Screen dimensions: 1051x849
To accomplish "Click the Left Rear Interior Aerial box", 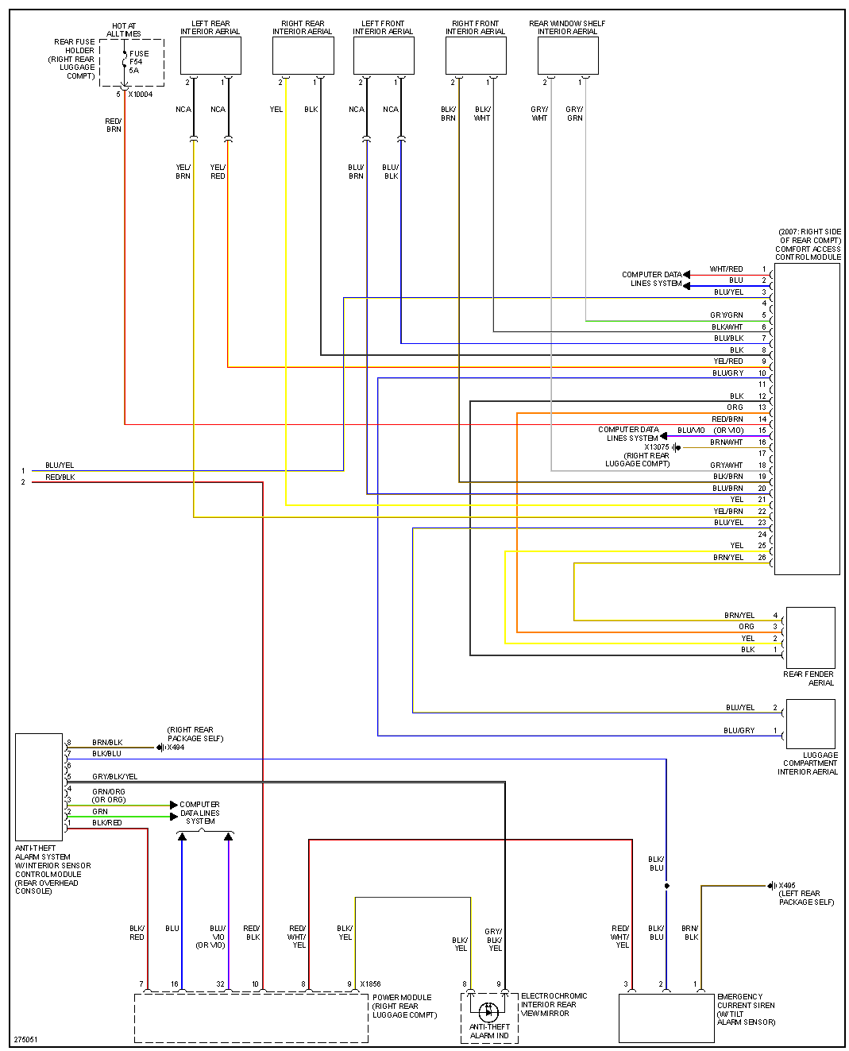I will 210,56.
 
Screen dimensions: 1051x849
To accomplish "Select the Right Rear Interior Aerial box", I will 303,56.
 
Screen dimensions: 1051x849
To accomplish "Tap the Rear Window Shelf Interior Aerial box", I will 568,56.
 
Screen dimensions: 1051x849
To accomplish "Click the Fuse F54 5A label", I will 138,62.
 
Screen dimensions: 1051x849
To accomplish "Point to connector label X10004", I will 141,95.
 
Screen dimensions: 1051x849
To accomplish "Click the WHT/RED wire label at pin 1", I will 726,269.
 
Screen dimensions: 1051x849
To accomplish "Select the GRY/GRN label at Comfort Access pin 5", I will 726,315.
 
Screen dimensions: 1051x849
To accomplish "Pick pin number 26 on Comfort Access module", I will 762,558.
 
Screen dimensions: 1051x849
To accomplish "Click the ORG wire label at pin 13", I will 735,408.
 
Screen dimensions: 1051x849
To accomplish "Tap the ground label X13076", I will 657,447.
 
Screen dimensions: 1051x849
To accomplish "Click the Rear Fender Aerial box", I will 810,637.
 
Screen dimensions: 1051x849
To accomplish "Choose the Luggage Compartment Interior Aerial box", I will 810,723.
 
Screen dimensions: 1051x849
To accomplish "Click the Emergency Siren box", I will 666,1018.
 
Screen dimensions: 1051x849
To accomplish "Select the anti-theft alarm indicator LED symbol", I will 489,1011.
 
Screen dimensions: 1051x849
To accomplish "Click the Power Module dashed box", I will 251,1018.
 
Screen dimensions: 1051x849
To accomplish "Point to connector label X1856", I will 370,984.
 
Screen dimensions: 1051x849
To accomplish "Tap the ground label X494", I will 176,748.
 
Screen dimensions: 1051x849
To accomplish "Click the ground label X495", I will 786,886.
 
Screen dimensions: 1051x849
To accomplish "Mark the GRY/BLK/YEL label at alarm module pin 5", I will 114,777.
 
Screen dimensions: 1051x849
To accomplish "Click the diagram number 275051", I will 25,1039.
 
